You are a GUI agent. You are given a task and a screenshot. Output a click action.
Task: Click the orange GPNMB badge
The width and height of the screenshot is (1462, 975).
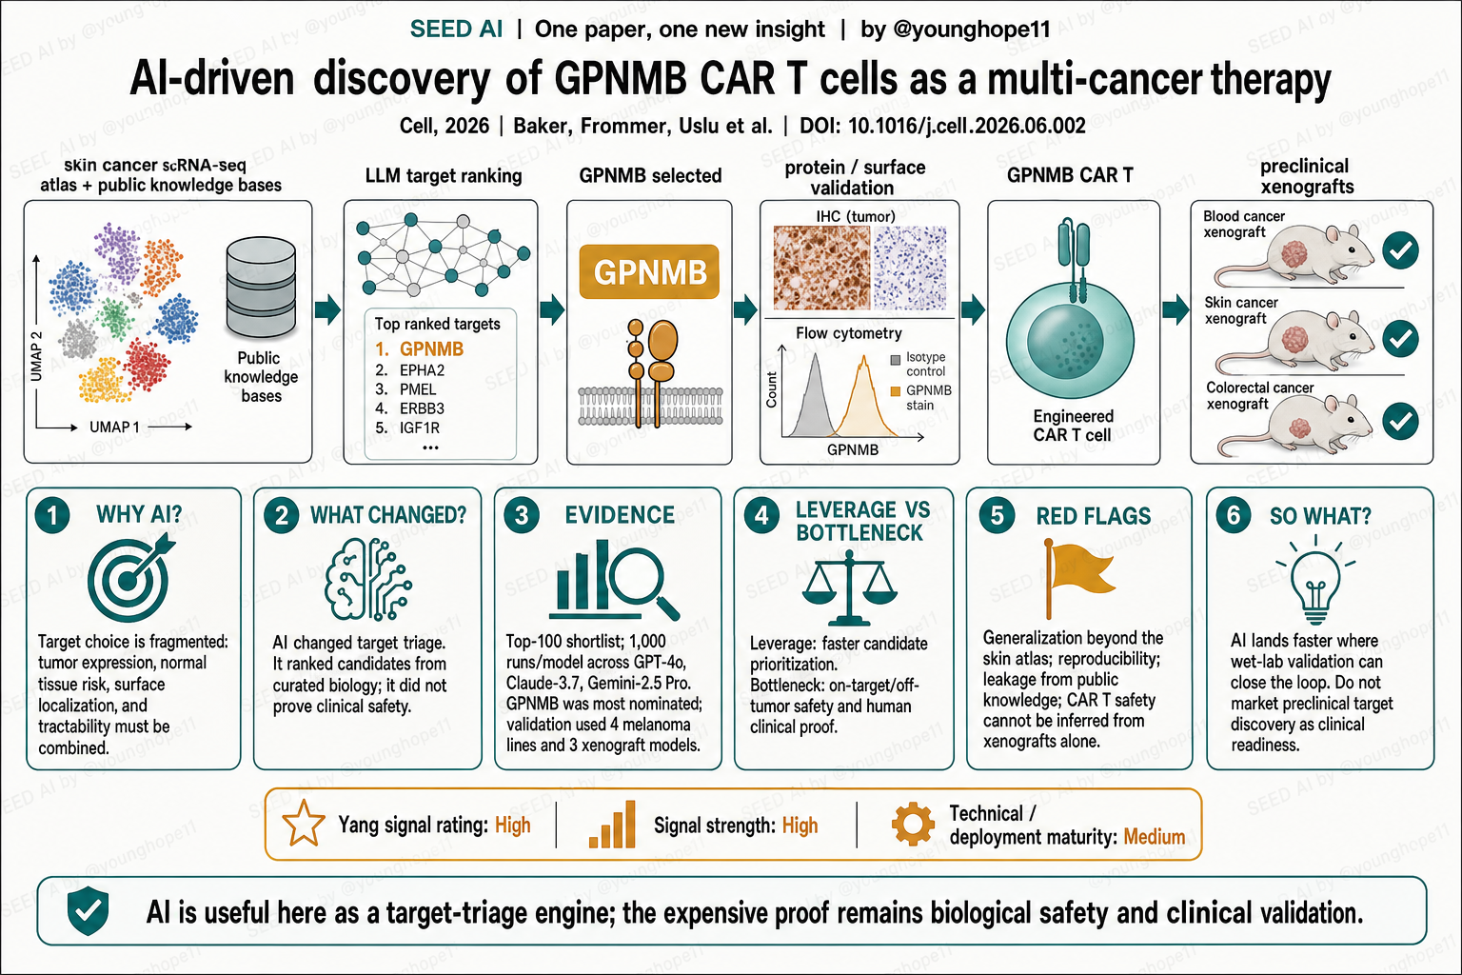(649, 271)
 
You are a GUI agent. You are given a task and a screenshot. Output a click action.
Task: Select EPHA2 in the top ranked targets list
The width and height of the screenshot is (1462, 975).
(422, 370)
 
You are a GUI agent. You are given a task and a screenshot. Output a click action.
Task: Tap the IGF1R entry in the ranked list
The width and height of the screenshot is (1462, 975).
(420, 428)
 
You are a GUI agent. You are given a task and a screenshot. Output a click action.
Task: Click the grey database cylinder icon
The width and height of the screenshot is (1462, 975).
(261, 287)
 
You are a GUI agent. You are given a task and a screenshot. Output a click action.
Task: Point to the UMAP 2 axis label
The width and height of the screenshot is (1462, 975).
(36, 356)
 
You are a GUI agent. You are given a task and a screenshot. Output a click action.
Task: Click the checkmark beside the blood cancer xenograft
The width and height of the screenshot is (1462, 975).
(1400, 250)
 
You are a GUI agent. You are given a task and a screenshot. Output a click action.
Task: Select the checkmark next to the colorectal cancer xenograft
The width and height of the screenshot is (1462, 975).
(1400, 421)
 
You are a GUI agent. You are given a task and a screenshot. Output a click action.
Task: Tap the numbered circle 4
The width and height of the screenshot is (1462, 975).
(761, 516)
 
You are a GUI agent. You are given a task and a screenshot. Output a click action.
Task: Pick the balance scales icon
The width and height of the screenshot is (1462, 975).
(849, 587)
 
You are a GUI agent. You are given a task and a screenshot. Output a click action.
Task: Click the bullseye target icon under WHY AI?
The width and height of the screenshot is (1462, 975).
(130, 577)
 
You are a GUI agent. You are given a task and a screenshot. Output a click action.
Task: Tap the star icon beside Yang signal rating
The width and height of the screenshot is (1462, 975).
(304, 823)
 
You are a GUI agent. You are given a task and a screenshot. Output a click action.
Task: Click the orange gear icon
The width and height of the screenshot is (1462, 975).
(913, 825)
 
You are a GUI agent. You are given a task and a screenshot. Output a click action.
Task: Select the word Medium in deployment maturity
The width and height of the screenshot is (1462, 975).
(1154, 837)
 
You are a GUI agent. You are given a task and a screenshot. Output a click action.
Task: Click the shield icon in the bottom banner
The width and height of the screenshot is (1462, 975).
(89, 910)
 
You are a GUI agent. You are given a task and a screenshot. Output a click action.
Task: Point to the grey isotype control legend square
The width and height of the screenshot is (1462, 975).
(896, 359)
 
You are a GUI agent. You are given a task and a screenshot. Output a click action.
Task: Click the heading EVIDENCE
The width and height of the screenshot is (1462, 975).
(620, 515)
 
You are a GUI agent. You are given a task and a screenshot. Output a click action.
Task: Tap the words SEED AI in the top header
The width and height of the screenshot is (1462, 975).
(456, 29)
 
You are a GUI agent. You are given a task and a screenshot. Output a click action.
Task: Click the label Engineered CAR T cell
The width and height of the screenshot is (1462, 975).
(1073, 425)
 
